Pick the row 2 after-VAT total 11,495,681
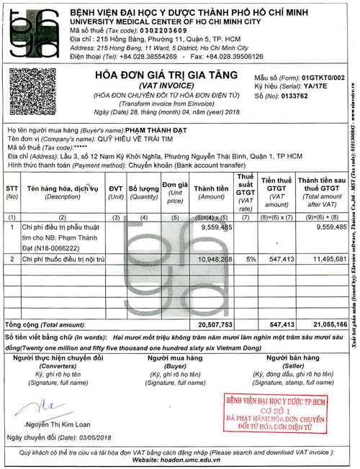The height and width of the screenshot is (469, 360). click(327, 258)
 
